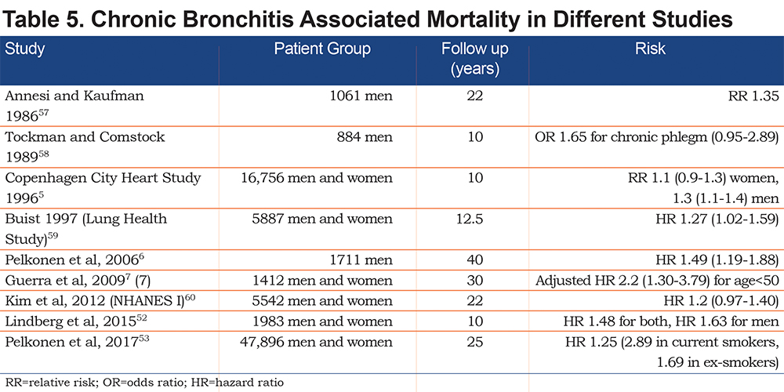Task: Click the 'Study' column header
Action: (x=25, y=49)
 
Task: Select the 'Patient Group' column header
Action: (x=322, y=49)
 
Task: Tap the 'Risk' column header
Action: (x=650, y=49)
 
